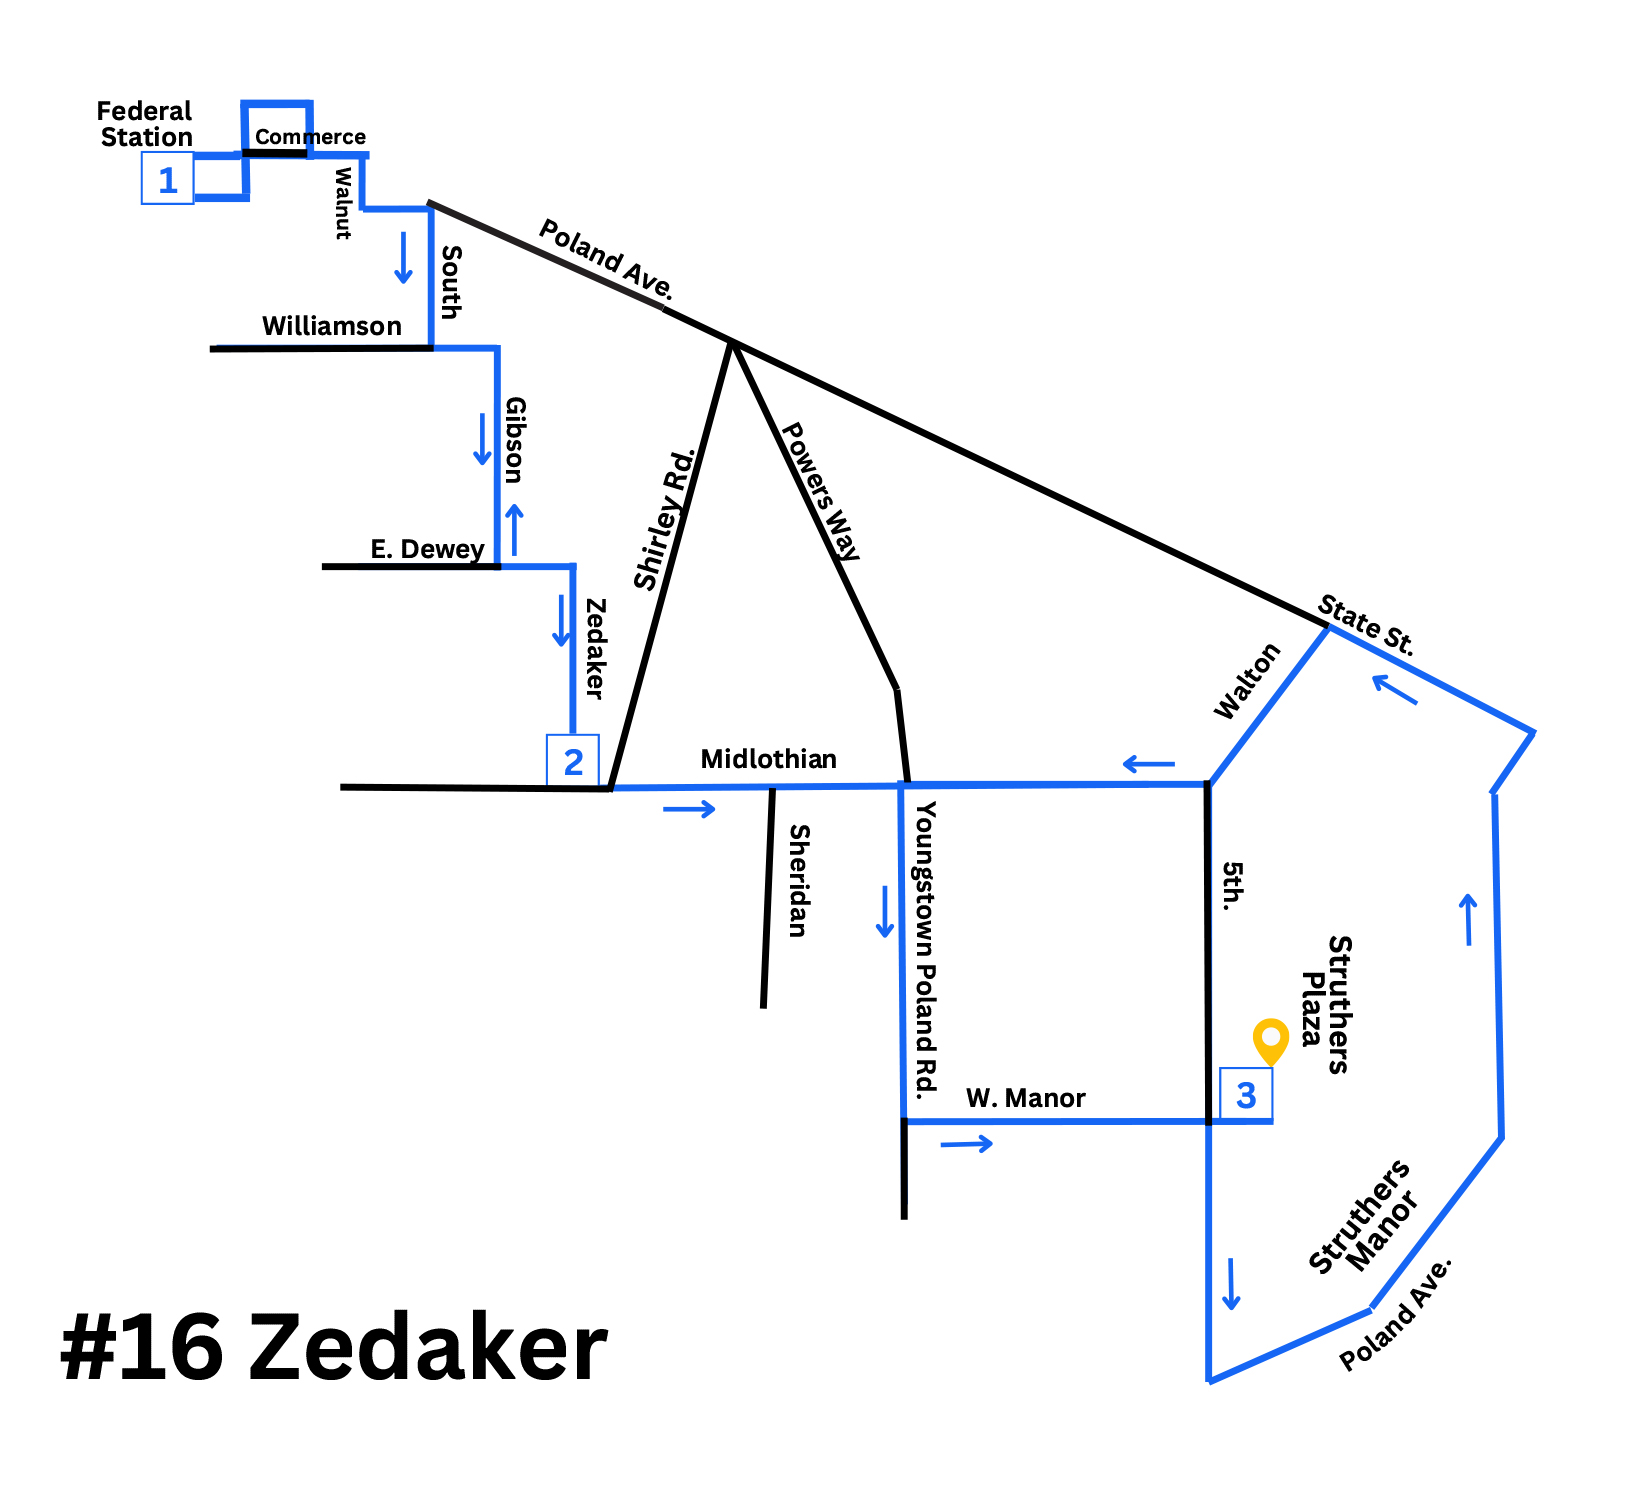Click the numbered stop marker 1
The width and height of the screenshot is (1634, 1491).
click(168, 180)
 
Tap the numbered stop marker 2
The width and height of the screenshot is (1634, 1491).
click(573, 761)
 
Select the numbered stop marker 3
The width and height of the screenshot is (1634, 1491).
click(1246, 1095)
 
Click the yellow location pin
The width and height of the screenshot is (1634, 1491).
click(1271, 1040)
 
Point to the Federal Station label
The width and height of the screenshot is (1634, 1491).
click(146, 124)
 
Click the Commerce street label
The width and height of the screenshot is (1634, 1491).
click(310, 137)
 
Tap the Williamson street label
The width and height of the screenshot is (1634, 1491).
click(331, 326)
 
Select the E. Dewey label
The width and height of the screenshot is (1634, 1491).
click(427, 549)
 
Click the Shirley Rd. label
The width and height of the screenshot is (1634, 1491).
click(664, 520)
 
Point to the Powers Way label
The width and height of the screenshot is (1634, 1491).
click(820, 491)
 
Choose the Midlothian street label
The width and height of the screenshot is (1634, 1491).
click(768, 759)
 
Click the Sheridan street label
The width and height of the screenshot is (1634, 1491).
click(798, 880)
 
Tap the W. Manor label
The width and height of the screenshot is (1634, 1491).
click(1025, 1098)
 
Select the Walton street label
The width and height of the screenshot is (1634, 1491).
click(1246, 681)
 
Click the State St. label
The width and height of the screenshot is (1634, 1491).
click(1365, 625)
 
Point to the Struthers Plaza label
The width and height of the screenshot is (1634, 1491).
click(1326, 1004)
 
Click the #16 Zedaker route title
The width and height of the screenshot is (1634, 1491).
click(334, 1348)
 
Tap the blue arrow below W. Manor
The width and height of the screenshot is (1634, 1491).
click(967, 1143)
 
